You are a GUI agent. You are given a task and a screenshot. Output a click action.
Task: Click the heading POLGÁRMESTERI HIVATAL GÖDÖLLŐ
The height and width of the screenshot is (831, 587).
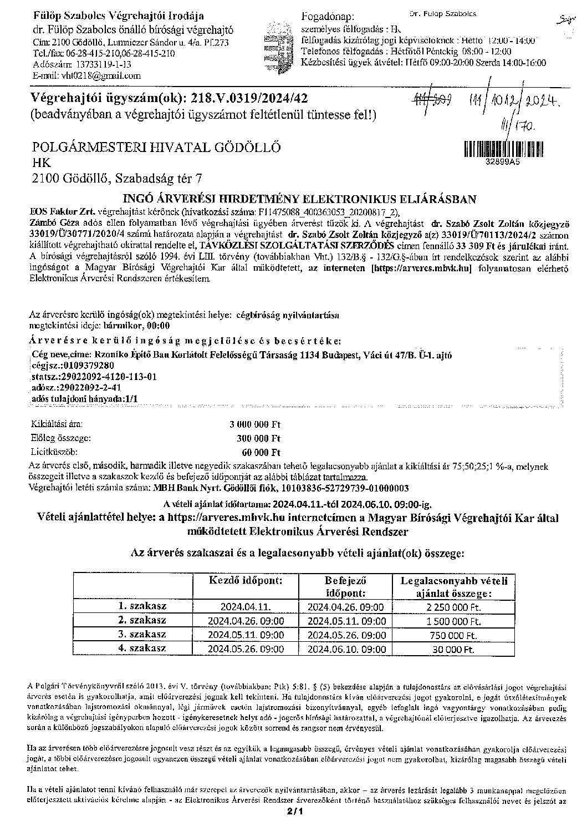[x=157, y=148]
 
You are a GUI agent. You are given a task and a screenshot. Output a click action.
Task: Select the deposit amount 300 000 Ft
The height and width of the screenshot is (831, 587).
[x=259, y=438]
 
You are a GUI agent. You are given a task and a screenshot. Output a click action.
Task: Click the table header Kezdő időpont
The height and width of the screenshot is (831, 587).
[x=246, y=581]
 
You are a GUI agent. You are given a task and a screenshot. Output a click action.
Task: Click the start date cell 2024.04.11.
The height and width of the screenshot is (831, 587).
[x=246, y=607]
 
